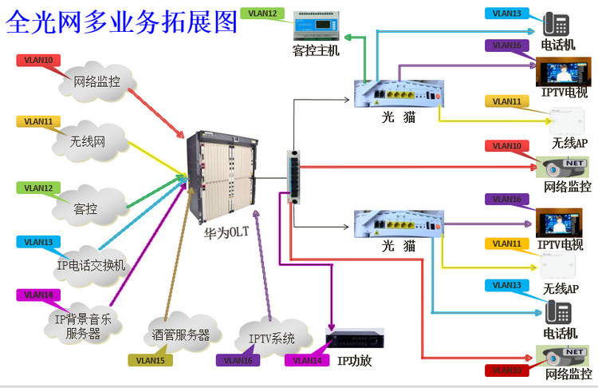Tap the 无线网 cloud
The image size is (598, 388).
89,143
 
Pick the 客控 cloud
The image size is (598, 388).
85,208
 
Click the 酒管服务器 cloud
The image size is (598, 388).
180,335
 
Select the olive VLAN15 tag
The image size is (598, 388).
150,360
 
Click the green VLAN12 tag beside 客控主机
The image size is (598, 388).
262,14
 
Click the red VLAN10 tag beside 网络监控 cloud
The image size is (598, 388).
38,60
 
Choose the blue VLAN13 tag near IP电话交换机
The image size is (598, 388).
38,242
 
